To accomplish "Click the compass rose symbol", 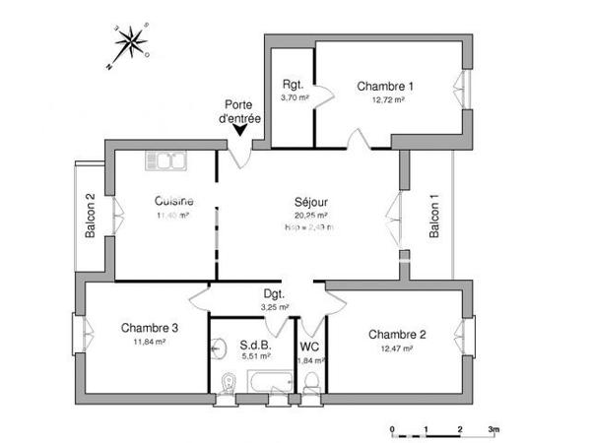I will (130, 41).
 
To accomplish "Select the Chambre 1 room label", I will (385, 86).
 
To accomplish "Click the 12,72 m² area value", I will (385, 98).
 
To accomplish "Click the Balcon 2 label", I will (90, 216).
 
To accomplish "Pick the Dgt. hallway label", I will (275, 293).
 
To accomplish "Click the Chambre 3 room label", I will (150, 328).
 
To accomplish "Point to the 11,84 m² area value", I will (150, 342).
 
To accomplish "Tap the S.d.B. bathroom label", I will (256, 346).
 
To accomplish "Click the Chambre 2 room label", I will (398, 335).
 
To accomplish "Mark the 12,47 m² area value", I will (398, 348).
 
